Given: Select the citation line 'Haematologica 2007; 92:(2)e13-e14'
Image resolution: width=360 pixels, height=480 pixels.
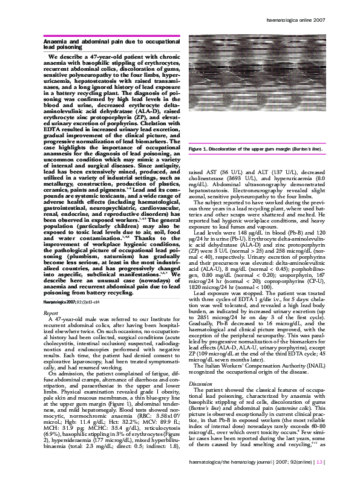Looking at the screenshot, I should pos(70,317).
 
